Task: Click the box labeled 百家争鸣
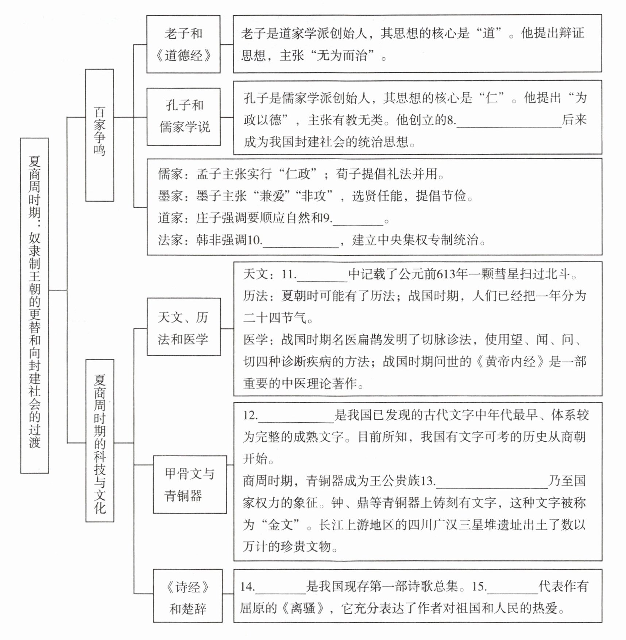click(99, 135)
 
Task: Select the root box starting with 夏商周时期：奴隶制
click(34, 305)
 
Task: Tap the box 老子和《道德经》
click(183, 44)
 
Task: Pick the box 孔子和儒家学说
click(183, 117)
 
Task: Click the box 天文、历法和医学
click(183, 327)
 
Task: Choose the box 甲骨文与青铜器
click(189, 484)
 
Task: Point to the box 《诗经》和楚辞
click(188, 595)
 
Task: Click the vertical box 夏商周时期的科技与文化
click(100, 440)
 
